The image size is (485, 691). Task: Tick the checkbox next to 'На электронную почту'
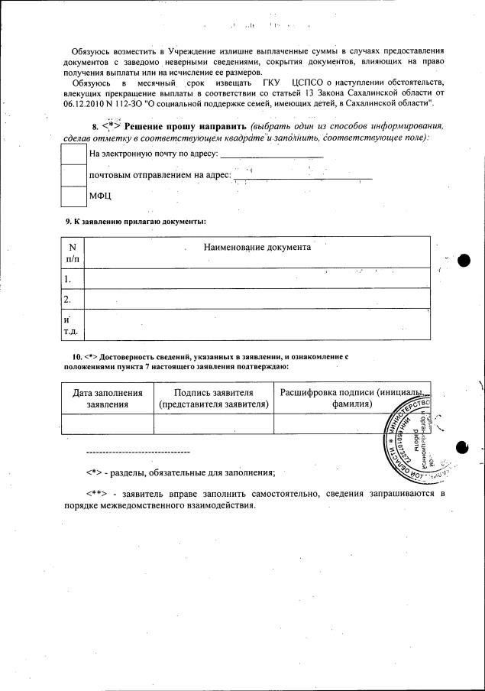[74, 154]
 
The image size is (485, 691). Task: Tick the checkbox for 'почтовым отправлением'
[74, 175]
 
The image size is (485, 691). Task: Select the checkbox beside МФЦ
[74, 196]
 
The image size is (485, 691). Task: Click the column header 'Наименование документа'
[257, 248]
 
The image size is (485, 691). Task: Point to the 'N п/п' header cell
[72, 252]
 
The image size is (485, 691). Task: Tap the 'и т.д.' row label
[71, 325]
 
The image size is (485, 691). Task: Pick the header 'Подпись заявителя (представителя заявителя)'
[213, 397]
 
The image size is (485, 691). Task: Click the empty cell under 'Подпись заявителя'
[213, 423]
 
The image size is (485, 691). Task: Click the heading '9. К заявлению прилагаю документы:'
[135, 222]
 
